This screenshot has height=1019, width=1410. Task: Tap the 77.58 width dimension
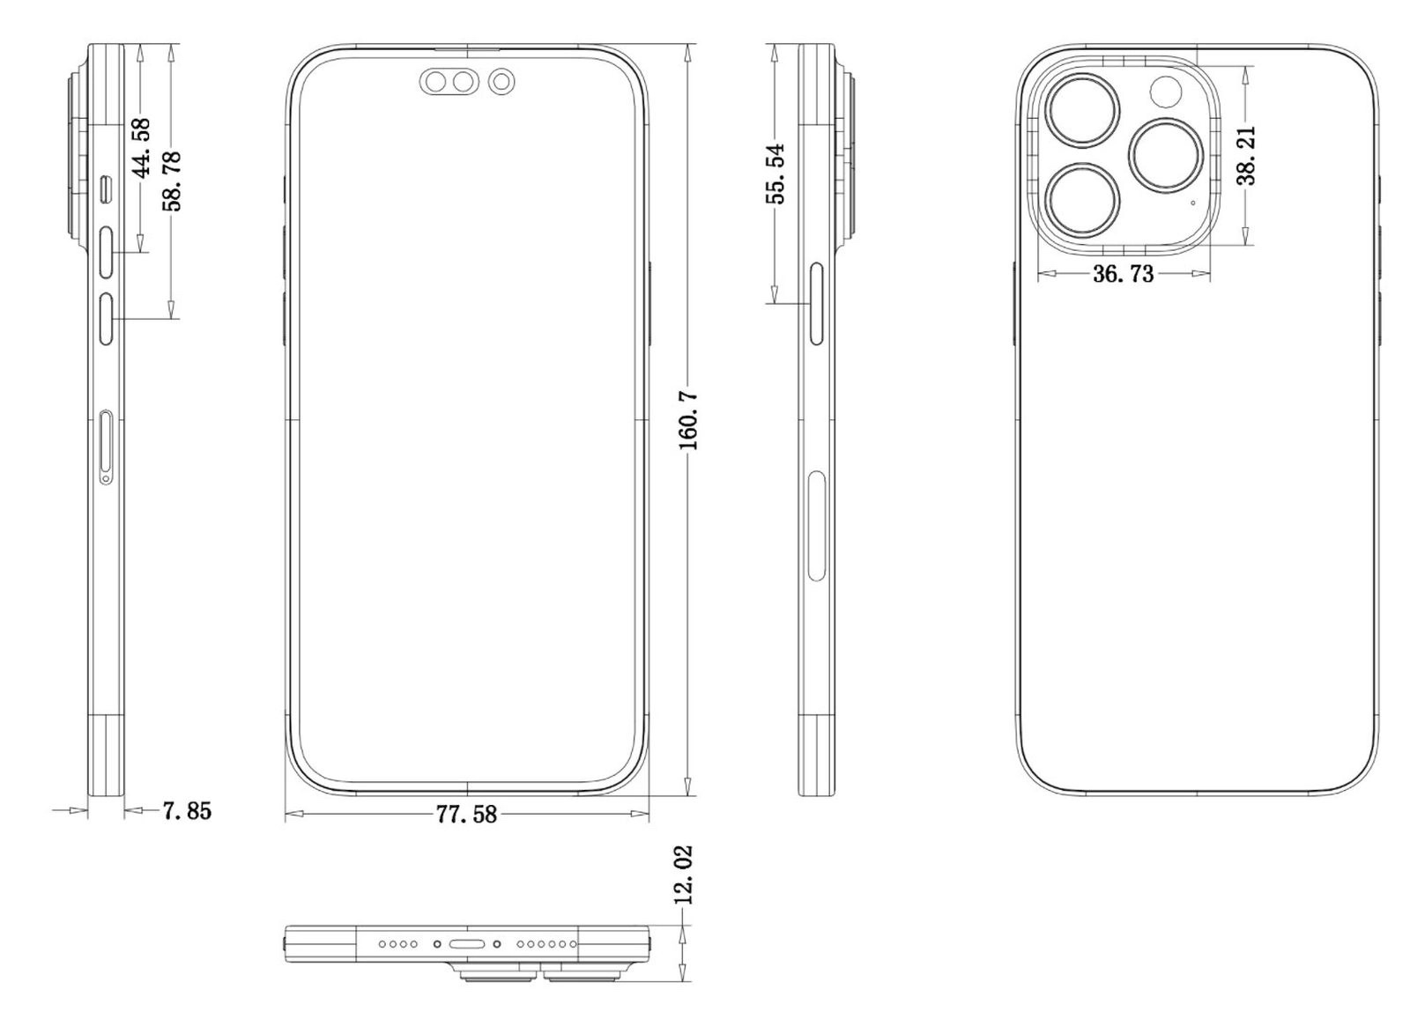pos(466,815)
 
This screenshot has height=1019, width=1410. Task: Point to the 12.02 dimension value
pos(683,875)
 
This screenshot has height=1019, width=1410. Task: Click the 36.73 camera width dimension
pos(1123,274)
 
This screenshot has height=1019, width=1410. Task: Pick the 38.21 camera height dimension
pos(1246,155)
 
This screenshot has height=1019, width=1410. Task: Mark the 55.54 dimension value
pos(775,174)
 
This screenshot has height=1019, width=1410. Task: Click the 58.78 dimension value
pos(172,181)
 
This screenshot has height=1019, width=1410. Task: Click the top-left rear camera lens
pos(1083,111)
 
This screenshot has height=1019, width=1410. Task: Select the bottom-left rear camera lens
pos(1083,200)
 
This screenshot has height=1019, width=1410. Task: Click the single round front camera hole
pos(502,83)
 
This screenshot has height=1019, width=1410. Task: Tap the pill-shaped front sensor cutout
pos(448,83)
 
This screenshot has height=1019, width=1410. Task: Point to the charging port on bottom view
pos(466,944)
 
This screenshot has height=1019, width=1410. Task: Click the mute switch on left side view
pos(107,188)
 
